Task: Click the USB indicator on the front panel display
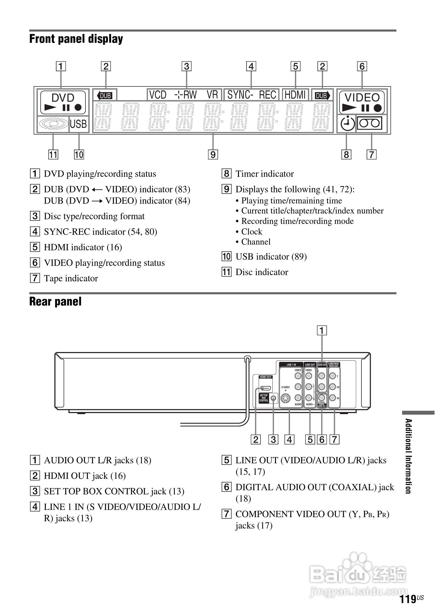(78, 124)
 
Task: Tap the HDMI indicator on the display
(295, 95)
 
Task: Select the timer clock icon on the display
(347, 124)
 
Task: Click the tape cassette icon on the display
(369, 123)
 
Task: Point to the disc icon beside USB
(53, 124)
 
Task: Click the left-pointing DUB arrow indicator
(104, 96)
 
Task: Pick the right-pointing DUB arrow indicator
(322, 96)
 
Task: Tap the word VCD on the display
(158, 95)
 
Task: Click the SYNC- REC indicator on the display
(251, 95)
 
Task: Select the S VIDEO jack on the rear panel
(286, 398)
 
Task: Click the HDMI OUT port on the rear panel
(265, 388)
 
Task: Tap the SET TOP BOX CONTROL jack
(273, 398)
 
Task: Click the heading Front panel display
(76, 39)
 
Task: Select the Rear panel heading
(55, 302)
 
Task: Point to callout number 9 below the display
(213, 155)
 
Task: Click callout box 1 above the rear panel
(322, 330)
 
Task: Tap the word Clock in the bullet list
(251, 232)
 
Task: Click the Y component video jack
(332, 376)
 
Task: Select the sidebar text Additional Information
(408, 456)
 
